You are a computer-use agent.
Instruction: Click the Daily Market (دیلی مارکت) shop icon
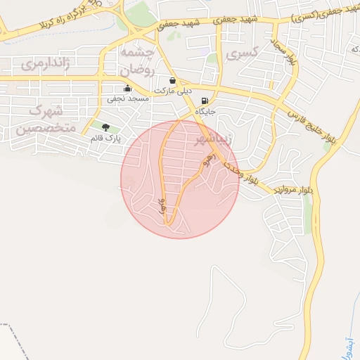(173, 79)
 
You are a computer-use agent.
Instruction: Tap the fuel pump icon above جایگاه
(205, 101)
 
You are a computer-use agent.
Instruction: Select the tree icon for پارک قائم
(106, 127)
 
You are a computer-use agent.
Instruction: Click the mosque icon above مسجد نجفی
(127, 89)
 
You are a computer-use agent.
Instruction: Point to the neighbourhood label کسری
(249, 51)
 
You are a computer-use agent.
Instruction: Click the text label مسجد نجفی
(125, 100)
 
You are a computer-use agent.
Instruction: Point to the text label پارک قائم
(106, 138)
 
